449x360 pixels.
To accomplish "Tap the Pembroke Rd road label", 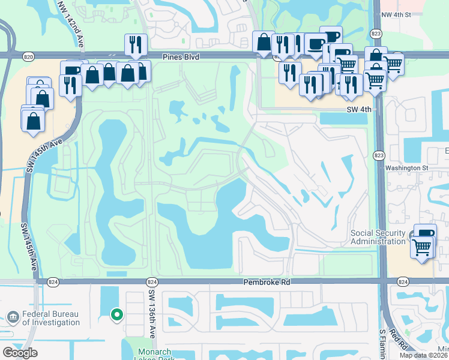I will click(x=266, y=281).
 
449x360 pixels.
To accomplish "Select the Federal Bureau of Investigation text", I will click(x=50, y=318).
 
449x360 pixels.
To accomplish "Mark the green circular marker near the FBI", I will click(x=118, y=313).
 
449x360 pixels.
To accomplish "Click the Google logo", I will click(x=20, y=353).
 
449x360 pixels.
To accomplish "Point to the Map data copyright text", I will click(x=424, y=355).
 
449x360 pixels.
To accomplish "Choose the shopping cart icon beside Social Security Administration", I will click(x=422, y=247).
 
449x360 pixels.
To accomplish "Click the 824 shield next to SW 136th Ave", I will click(x=151, y=281).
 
